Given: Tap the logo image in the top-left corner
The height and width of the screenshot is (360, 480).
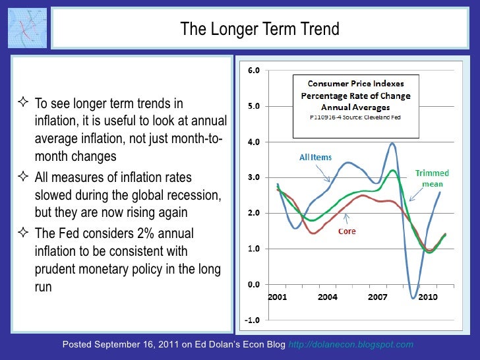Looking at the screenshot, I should coord(27,28).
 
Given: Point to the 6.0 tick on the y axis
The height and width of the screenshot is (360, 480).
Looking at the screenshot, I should coord(253,71).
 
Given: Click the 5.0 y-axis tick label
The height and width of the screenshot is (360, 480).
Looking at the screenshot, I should coord(253,106).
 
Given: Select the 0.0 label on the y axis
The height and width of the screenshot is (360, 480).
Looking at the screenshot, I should coord(253,285).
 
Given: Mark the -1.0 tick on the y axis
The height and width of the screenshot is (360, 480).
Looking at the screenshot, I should coord(253,320).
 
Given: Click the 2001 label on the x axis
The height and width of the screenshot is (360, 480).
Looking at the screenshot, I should coord(278,297).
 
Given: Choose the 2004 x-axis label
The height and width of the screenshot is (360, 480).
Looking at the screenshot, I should coord(327,297).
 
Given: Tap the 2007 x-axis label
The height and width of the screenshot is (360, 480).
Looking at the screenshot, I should coord(377,297).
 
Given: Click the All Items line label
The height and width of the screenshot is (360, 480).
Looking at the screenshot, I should coord(315,158).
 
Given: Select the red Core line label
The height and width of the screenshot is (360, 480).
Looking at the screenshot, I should coord(349,232).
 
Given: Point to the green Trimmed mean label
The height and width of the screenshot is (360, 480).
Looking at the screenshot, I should coord(432,178).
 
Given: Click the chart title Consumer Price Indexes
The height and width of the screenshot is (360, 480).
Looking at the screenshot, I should coord(356,84).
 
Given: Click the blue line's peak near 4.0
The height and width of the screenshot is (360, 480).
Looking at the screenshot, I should coord(393,143).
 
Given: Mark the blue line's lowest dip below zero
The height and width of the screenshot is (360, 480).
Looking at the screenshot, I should coord(414,298).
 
